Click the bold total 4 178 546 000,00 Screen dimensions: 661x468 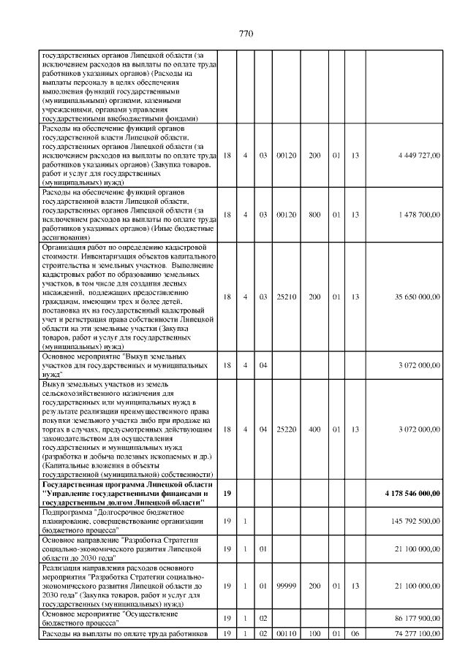pos(412,494)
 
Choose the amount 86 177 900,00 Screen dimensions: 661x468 pos(417,619)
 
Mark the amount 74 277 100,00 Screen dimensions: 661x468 pos(417,633)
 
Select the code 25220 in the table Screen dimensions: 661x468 pos(284,429)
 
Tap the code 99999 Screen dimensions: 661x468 pos(284,585)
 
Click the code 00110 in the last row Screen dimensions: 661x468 pos(284,633)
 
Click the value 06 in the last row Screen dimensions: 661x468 pos(355,633)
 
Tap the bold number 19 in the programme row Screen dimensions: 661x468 pos(227,494)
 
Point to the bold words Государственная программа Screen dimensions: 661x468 pos(91,485)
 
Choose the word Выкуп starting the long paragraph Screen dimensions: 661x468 pos(53,383)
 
